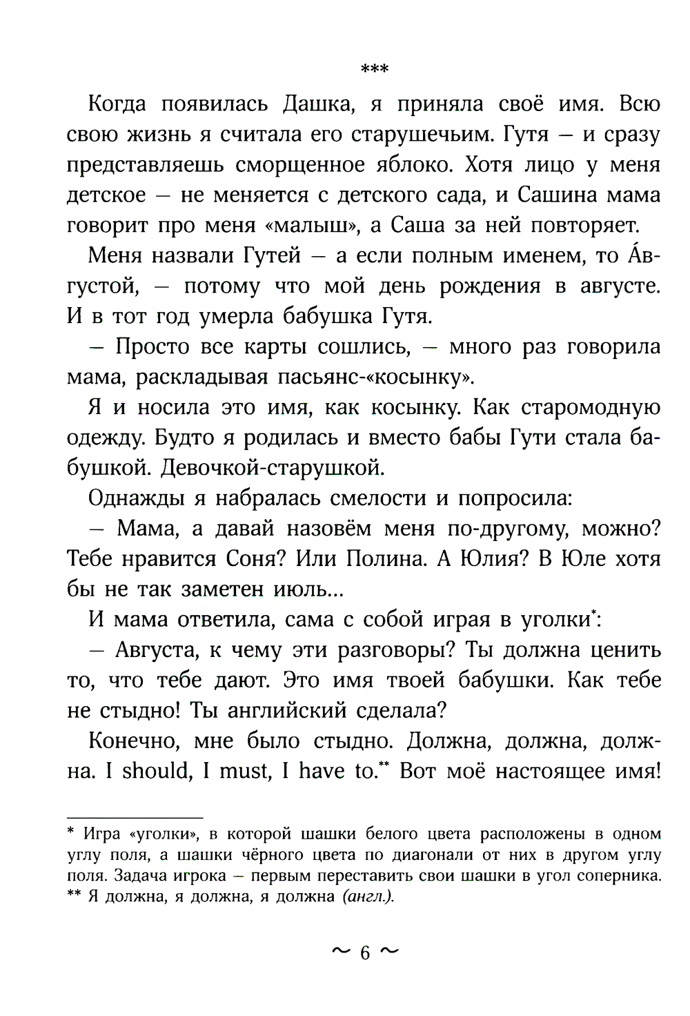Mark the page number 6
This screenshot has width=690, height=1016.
pos(365,953)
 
